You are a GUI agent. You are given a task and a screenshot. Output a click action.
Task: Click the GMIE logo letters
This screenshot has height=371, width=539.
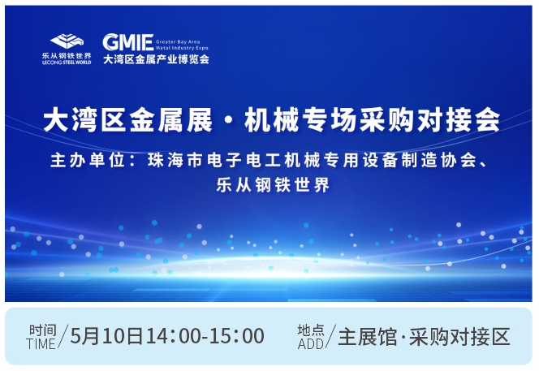tap(128, 42)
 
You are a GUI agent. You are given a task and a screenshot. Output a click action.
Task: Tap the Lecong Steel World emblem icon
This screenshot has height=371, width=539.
tap(67, 41)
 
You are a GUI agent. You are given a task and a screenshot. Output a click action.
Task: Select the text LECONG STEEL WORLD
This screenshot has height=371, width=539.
tap(67, 63)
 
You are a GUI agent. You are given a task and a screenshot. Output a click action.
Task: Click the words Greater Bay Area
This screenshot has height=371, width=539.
tap(178, 41)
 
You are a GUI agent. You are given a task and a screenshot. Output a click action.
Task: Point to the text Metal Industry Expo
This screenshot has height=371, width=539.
tap(182, 48)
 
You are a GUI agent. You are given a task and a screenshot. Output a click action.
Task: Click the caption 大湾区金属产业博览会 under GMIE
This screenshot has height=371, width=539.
tap(156, 59)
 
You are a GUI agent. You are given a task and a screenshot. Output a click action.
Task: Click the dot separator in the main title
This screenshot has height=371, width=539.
tap(229, 121)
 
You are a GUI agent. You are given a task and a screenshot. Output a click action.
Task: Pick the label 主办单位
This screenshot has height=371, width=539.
tap(88, 161)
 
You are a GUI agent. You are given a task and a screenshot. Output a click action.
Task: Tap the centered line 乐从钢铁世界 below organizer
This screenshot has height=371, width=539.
tap(273, 185)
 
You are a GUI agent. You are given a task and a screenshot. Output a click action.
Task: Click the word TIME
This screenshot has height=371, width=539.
tap(41, 344)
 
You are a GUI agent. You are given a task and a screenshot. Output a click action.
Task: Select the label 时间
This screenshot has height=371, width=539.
tap(43, 330)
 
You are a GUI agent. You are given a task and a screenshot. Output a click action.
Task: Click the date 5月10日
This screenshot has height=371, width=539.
tap(106, 336)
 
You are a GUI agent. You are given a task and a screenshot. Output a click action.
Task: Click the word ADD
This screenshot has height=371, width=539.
tap(311, 344)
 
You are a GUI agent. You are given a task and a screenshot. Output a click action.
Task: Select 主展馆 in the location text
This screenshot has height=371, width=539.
tap(368, 337)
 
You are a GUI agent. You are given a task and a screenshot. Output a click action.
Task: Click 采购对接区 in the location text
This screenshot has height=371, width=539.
tap(459, 337)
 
